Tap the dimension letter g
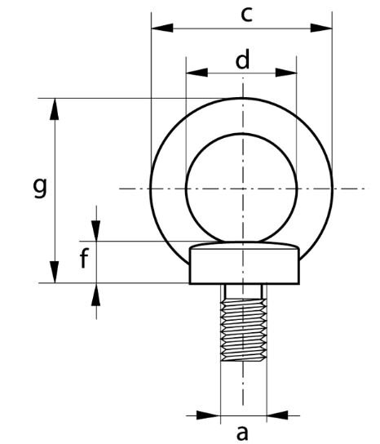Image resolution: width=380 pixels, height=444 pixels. click(39, 189)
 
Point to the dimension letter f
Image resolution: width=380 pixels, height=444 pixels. click(84, 261)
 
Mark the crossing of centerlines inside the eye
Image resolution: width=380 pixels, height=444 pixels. click(241, 189)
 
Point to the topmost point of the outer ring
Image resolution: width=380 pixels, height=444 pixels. click(241, 98)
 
